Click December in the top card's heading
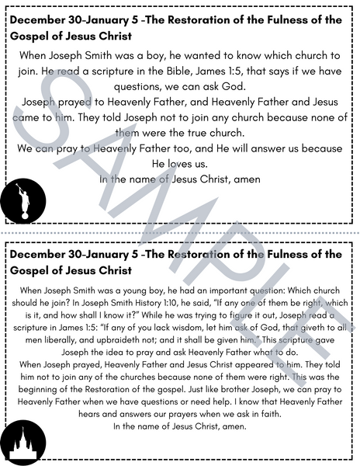click(44, 19)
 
